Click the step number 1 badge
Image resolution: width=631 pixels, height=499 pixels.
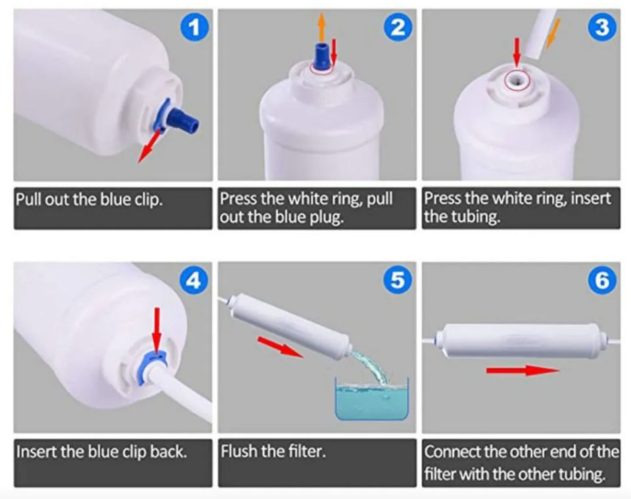click(194, 28)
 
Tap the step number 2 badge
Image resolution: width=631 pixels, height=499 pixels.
click(398, 28)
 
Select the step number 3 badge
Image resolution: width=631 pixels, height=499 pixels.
click(602, 28)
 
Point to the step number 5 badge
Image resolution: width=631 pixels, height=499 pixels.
click(398, 279)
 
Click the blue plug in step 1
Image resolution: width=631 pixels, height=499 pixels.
click(185, 120)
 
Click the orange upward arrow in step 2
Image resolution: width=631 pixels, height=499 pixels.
click(321, 26)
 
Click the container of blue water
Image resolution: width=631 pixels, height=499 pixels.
click(372, 398)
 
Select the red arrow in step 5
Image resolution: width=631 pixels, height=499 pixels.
click(280, 346)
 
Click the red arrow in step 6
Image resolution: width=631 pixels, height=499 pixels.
click(523, 370)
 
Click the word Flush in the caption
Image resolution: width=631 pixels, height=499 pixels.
click(239, 451)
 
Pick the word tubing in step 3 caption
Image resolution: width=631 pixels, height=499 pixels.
click(475, 217)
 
